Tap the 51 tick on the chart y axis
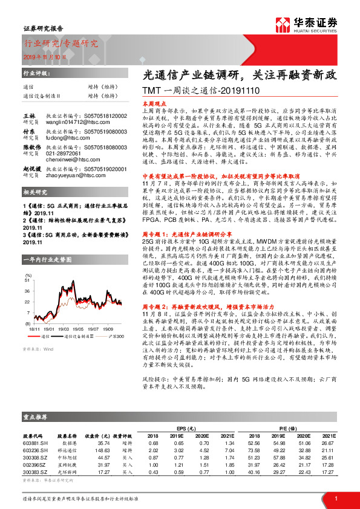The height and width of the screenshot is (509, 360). click(x=27, y=280)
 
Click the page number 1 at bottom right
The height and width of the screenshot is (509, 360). click(x=336, y=498)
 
